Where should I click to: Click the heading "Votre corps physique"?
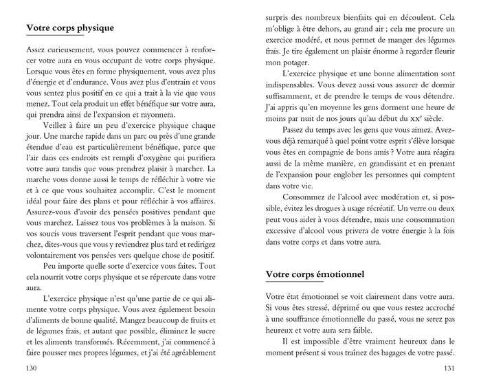(69, 28)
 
